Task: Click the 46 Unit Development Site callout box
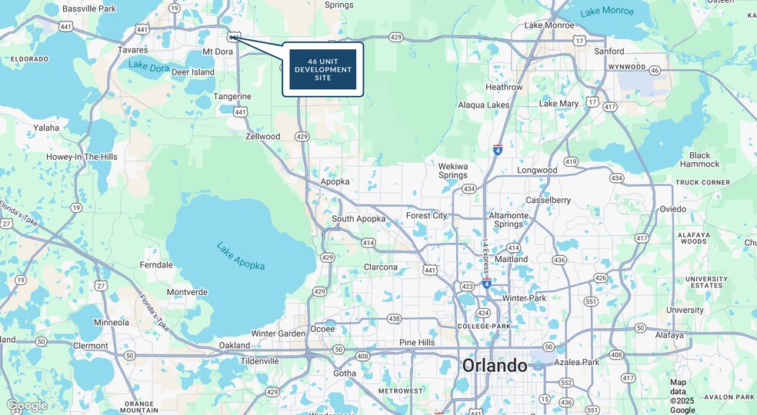pyautogui.click(x=322, y=69)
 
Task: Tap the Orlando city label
pyautogui.click(x=494, y=365)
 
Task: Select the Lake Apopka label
pyautogui.click(x=241, y=256)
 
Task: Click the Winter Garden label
pyautogui.click(x=278, y=334)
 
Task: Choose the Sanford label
pyautogui.click(x=609, y=51)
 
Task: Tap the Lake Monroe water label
pyautogui.click(x=607, y=12)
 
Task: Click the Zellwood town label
pyautogui.click(x=262, y=136)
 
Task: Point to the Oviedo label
pyautogui.click(x=672, y=209)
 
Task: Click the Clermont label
pyautogui.click(x=90, y=346)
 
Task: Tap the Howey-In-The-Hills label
pyautogui.click(x=82, y=157)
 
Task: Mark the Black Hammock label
pyautogui.click(x=699, y=159)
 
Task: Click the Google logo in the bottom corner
pyautogui.click(x=27, y=405)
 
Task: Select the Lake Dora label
pyautogui.click(x=148, y=67)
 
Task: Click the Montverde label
pyautogui.click(x=187, y=292)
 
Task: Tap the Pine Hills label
pyautogui.click(x=417, y=342)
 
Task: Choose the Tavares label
pyautogui.click(x=132, y=50)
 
